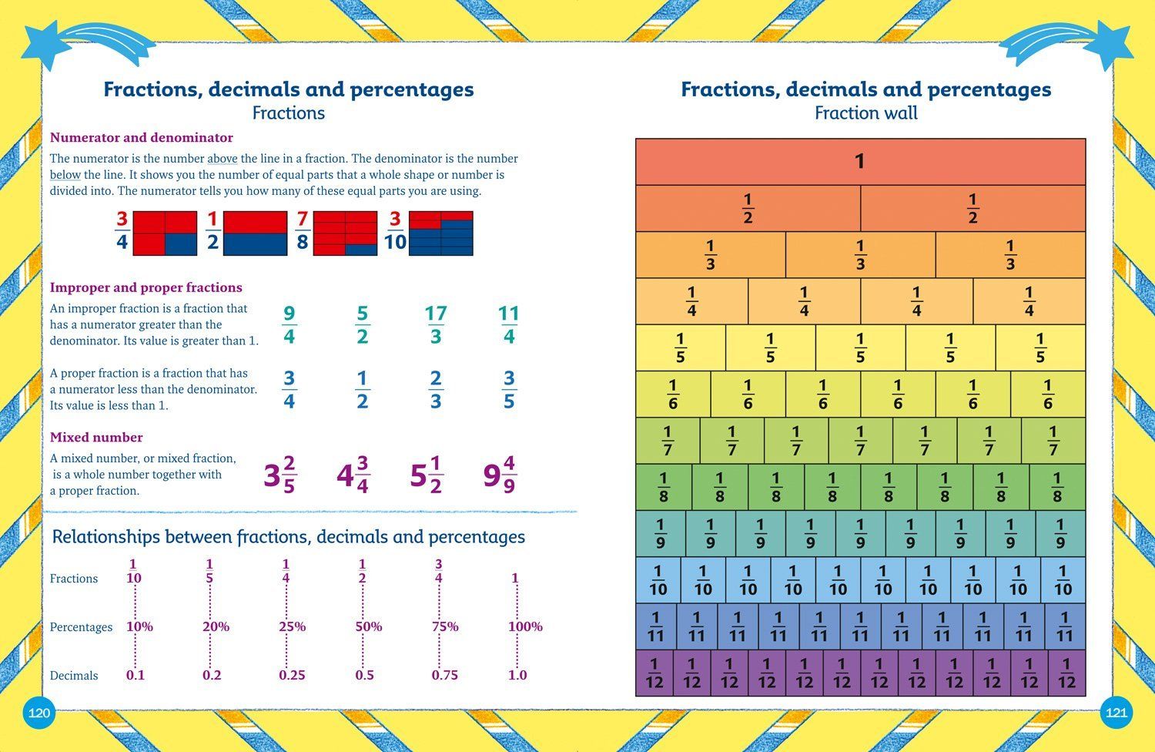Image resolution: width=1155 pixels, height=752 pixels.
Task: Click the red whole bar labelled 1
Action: coord(860,162)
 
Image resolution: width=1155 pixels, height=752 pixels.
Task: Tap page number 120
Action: coord(38,713)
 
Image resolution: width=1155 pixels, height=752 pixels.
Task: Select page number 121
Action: coord(1116,713)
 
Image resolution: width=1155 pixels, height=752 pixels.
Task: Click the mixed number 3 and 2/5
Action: coord(280,475)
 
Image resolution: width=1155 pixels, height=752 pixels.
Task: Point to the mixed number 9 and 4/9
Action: coord(499,475)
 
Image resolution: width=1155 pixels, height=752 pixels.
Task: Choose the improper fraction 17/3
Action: coord(436,325)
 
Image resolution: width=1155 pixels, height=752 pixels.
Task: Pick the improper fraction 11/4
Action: coord(508,325)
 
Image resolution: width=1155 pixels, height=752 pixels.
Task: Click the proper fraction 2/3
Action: coord(436,390)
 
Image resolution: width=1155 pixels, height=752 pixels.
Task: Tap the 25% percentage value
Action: coord(292,626)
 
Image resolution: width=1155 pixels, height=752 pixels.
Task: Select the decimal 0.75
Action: coord(444,675)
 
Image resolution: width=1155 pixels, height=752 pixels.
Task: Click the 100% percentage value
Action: coord(525,626)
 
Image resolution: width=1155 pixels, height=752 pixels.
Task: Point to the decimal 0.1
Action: coord(136,675)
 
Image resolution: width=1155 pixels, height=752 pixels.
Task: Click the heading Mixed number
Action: coord(96,437)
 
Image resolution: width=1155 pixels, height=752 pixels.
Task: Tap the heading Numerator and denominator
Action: coord(141,137)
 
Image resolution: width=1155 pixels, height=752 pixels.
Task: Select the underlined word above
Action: coord(222,159)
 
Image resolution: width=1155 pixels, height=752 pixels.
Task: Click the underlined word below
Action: coord(65,175)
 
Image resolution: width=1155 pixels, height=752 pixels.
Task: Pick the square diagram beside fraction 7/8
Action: coord(345,233)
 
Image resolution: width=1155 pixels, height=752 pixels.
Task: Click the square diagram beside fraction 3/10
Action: coord(440,233)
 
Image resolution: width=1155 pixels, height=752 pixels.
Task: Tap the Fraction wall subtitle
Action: coord(865,113)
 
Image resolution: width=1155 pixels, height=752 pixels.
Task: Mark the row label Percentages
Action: coord(81,627)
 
